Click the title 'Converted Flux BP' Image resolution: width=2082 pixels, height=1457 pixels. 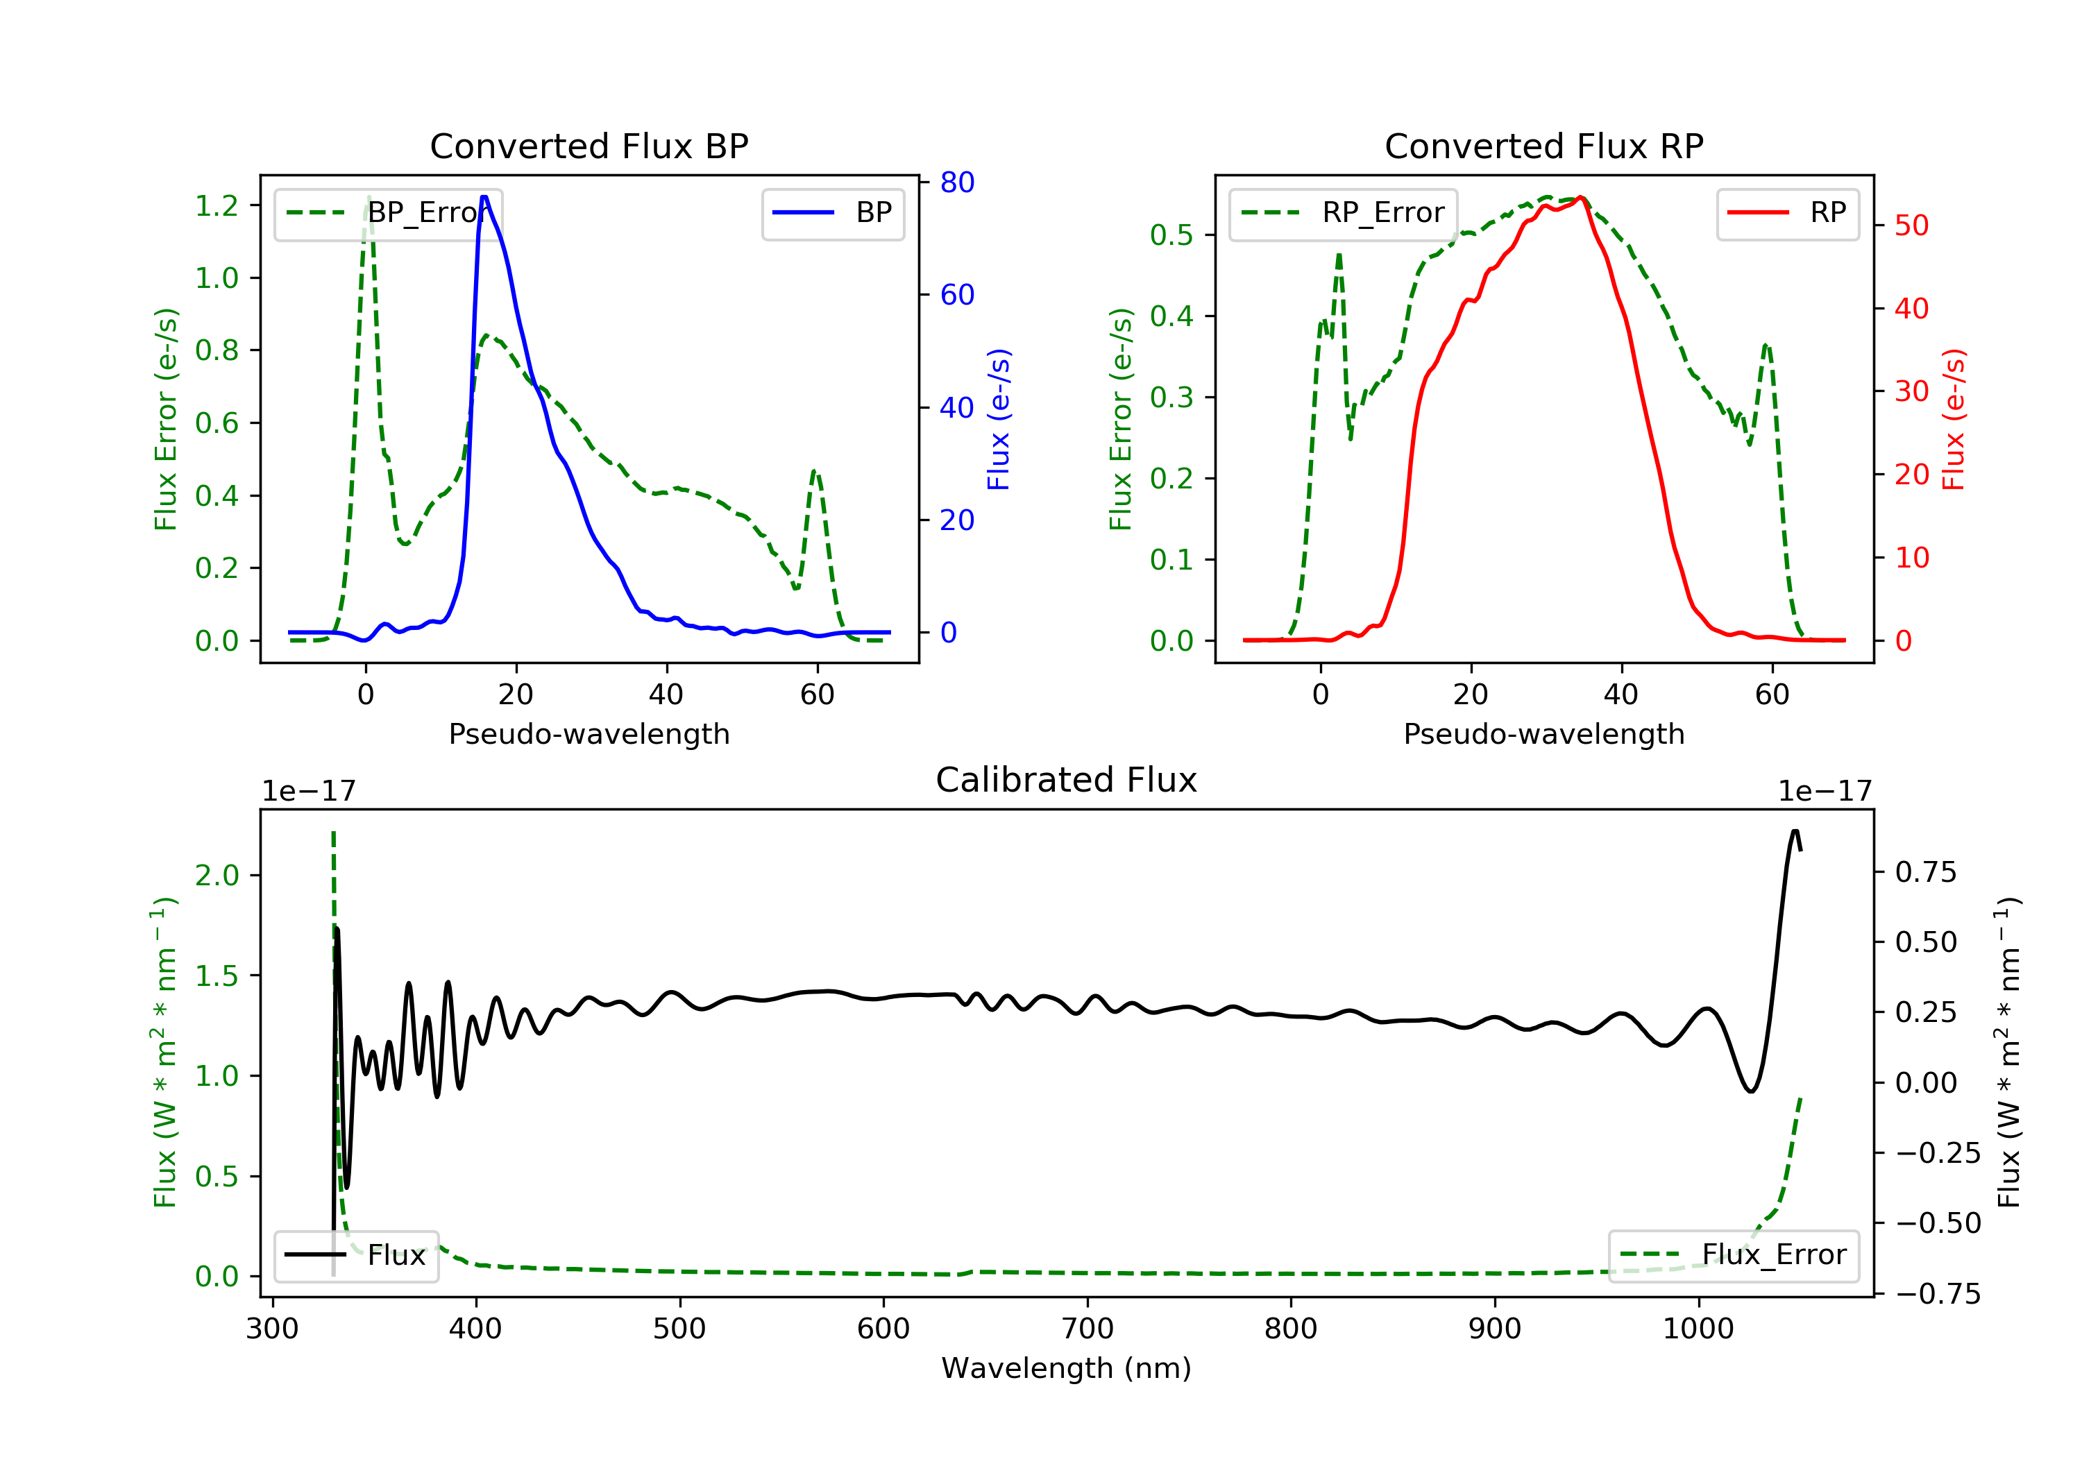(x=589, y=146)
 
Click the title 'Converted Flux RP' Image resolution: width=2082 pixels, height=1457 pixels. (x=1543, y=146)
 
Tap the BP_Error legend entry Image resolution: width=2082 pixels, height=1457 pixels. (x=388, y=213)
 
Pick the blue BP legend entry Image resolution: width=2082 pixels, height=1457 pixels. (x=832, y=213)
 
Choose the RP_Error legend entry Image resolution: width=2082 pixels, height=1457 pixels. (x=1343, y=213)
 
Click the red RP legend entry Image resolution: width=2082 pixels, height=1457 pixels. (x=1787, y=213)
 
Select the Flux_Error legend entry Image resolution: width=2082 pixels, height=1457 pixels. (x=1733, y=1255)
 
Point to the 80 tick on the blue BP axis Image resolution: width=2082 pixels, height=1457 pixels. (x=956, y=182)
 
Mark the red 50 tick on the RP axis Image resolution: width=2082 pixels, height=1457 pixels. (x=1911, y=225)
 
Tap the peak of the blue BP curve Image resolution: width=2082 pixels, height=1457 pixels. (x=484, y=197)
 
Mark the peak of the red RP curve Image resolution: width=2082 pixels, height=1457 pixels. (x=1580, y=197)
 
